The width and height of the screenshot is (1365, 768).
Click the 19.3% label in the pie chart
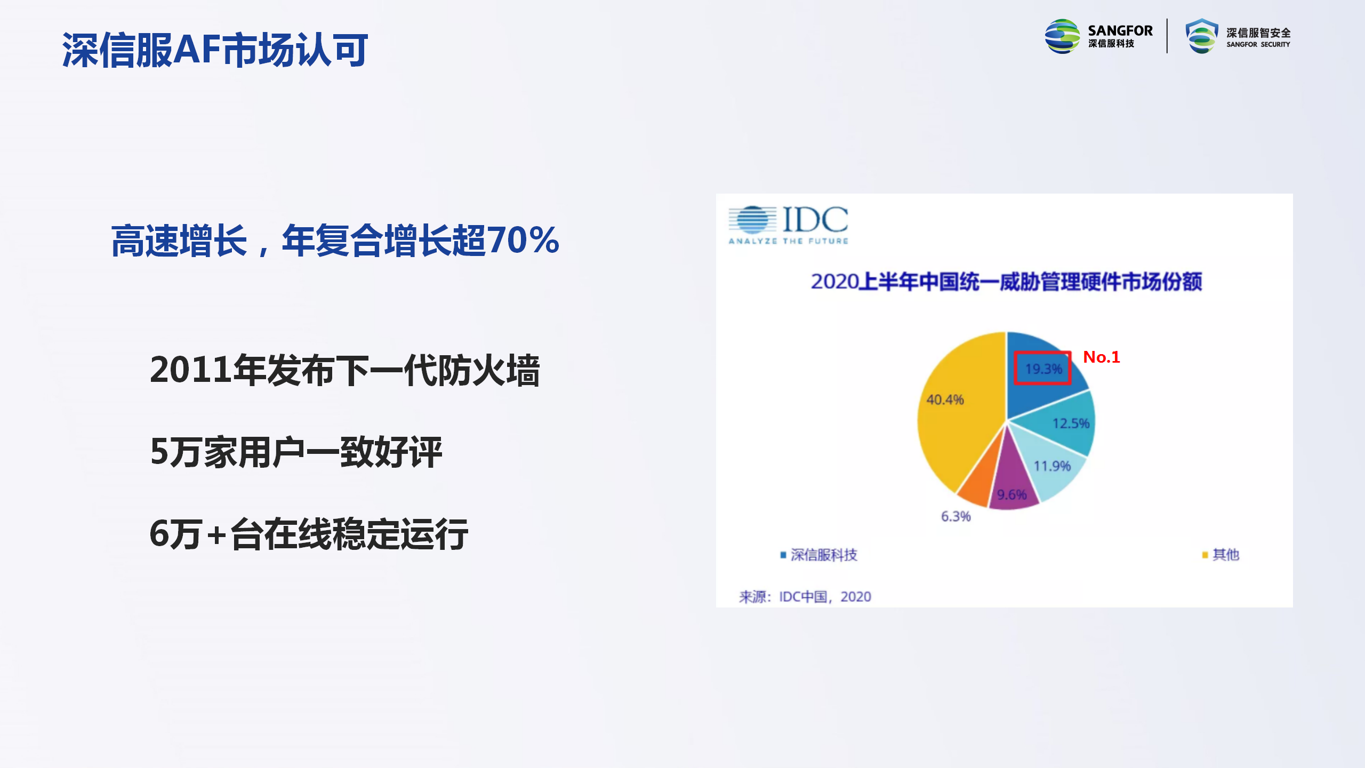click(x=1043, y=369)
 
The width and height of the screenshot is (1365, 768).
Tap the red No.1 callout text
click(x=1102, y=357)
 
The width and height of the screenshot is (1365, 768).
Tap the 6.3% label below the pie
click(x=955, y=516)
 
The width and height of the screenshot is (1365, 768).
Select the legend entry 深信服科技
click(x=819, y=555)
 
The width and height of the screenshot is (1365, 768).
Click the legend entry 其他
click(x=1221, y=555)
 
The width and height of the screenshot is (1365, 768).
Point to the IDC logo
click(x=789, y=225)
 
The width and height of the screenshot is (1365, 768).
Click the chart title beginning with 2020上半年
click(x=1007, y=282)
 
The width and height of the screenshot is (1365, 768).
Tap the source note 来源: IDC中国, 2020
click(x=805, y=596)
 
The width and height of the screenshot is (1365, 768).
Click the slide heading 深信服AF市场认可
click(x=215, y=50)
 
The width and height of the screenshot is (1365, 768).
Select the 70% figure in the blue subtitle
click(x=523, y=240)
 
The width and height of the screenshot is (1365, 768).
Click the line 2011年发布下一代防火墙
click(x=345, y=370)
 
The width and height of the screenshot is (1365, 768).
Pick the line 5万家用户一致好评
click(x=296, y=452)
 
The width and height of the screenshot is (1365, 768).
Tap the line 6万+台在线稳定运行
click(x=309, y=534)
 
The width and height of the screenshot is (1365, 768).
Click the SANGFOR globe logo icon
click(x=1062, y=36)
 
